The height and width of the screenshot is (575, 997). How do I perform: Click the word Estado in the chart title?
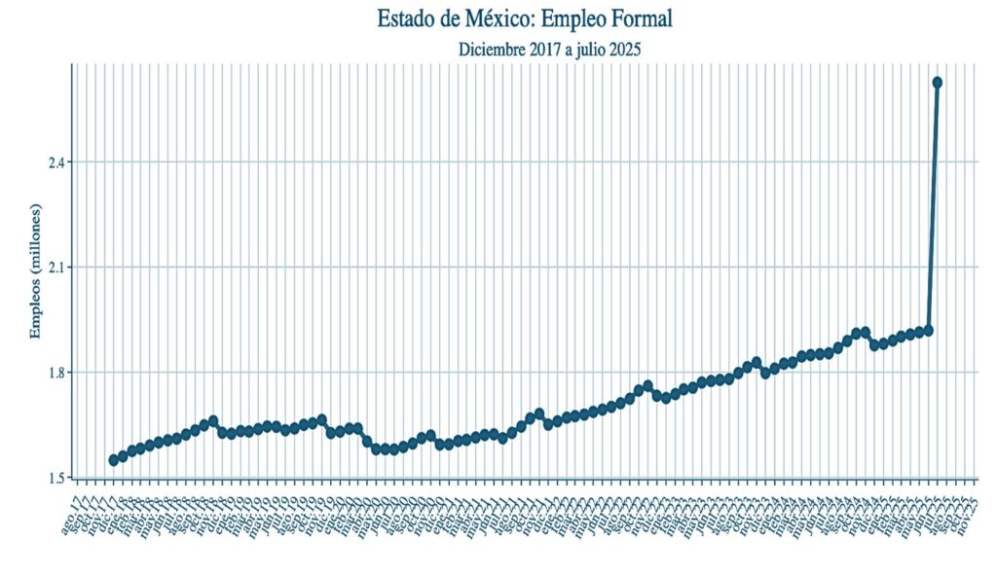click(x=410, y=18)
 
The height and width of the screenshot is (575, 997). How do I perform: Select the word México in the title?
click(x=496, y=18)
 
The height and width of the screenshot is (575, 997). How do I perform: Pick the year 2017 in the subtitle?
click(x=549, y=49)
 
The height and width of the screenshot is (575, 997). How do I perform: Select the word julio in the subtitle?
click(x=592, y=49)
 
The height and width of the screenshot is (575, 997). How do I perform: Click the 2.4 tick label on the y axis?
click(x=57, y=162)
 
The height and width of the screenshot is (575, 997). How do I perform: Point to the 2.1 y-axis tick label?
click(x=57, y=268)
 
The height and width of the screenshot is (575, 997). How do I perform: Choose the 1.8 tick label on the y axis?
click(x=57, y=373)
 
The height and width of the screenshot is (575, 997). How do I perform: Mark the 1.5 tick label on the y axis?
click(x=57, y=478)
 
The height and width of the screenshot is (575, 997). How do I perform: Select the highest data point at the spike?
click(x=937, y=83)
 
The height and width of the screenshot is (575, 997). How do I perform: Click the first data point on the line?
click(x=113, y=459)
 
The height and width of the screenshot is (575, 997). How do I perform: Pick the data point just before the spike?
click(x=928, y=331)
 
